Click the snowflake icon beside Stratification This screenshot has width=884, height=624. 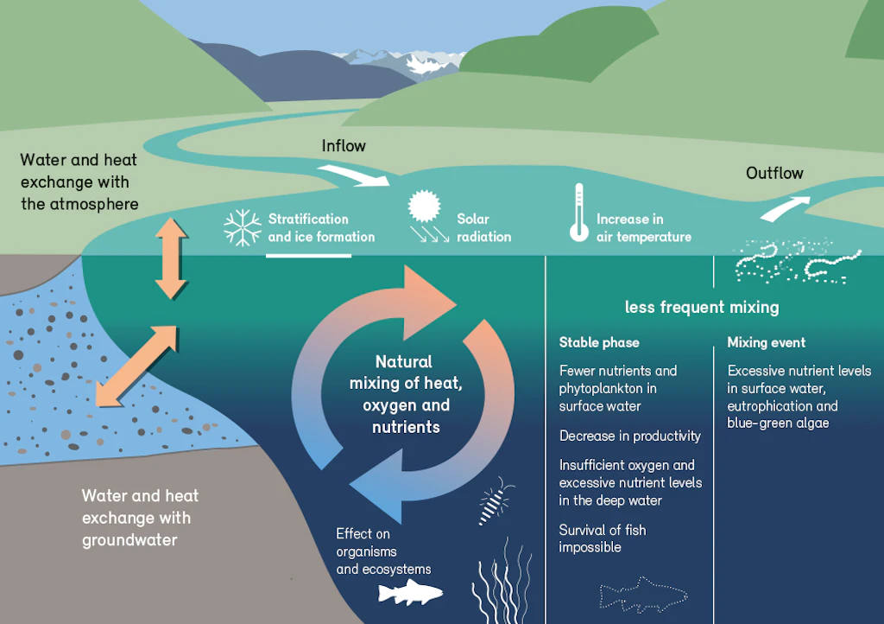243,227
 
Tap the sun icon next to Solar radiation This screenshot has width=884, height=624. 424,206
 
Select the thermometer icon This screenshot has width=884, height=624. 579,213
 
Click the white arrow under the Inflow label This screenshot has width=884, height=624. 353,175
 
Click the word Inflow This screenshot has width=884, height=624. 344,146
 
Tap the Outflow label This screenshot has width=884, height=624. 774,173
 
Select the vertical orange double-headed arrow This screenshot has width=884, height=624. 171,258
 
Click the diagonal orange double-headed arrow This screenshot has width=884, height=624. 137,366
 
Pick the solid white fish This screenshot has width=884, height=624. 410,592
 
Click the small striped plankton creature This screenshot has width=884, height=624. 495,501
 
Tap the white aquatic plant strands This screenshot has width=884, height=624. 502,581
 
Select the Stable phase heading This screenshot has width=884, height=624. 599,342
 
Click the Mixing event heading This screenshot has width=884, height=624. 767,342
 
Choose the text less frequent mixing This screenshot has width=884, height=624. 702,308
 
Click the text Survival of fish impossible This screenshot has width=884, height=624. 602,538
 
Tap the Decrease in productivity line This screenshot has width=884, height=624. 629,436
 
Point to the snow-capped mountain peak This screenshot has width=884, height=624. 423,63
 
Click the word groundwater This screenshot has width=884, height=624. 129,540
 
